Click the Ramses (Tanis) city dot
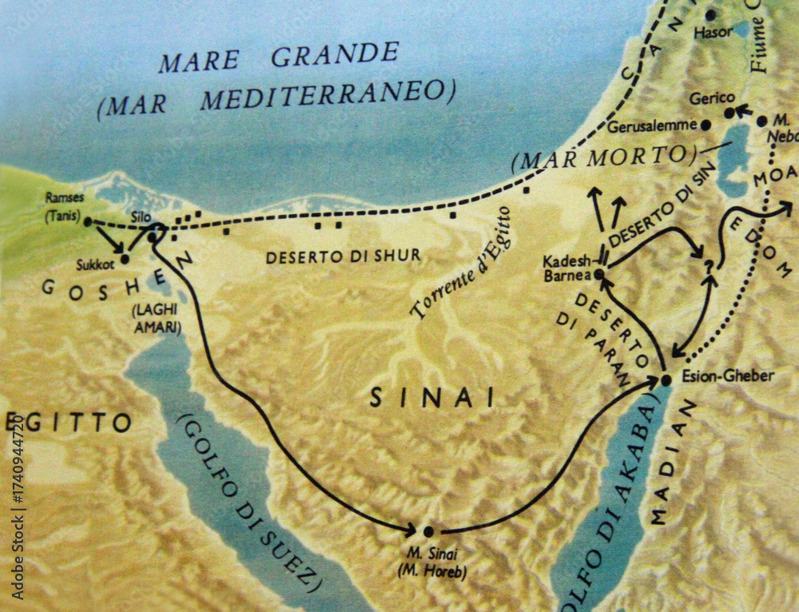coord(88,222)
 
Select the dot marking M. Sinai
coord(428,531)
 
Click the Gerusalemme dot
coord(706,125)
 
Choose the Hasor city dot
coord(710,14)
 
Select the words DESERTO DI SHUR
coord(344,257)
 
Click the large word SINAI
coord(431,396)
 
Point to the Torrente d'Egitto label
coord(461,264)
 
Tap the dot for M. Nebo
coord(761,121)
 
